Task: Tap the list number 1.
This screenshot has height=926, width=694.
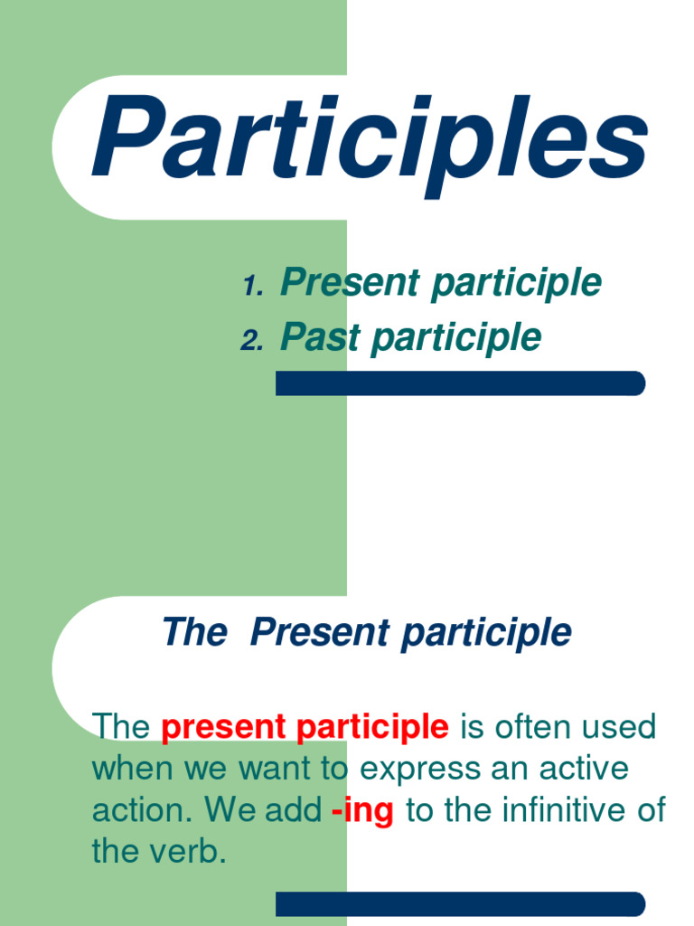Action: (252, 288)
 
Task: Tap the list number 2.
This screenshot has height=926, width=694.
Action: (251, 341)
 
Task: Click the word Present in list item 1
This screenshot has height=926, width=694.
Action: (352, 283)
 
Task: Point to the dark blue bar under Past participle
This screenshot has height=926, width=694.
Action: (460, 383)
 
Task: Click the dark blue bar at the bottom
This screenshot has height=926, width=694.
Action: (460, 903)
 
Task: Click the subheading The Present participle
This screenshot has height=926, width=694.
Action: (366, 632)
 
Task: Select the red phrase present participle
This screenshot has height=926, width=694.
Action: (305, 726)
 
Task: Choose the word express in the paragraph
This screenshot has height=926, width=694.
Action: (417, 770)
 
